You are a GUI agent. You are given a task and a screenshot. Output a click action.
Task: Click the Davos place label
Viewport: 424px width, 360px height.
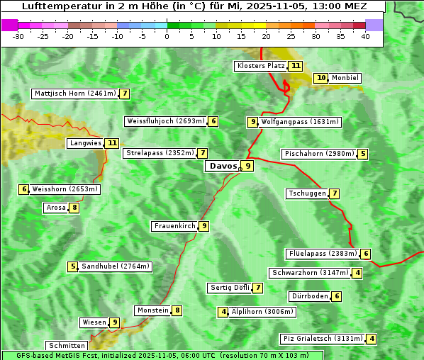222,167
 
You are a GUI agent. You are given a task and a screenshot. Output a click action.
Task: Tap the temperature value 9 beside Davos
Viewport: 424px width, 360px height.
247,167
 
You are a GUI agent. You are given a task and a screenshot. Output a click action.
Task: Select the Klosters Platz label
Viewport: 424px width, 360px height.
260,66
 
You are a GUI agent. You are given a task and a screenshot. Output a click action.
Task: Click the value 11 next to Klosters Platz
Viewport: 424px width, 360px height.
296,66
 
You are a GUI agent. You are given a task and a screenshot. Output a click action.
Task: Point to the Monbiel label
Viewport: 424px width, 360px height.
345,78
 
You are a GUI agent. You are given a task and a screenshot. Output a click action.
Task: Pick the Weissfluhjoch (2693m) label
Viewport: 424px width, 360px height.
166,121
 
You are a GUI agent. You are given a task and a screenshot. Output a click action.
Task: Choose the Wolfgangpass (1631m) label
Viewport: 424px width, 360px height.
301,122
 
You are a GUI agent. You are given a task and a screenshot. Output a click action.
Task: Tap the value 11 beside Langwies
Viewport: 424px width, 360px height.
112,143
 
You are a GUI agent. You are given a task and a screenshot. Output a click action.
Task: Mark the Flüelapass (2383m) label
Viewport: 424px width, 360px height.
322,254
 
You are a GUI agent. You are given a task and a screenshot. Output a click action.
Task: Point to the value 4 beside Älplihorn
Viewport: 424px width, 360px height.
224,311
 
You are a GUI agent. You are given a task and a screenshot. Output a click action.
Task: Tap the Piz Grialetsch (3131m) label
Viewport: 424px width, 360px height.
323,339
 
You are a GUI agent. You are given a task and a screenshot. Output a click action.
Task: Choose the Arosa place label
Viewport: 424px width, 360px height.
55,208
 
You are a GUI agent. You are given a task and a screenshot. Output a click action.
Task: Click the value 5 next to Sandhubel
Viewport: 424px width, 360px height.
73,266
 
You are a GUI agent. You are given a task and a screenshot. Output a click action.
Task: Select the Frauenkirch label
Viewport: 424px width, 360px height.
174,226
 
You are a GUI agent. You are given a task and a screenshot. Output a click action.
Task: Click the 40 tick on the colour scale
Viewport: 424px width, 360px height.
365,36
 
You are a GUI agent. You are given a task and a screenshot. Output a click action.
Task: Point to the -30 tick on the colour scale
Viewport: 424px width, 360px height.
18,36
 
